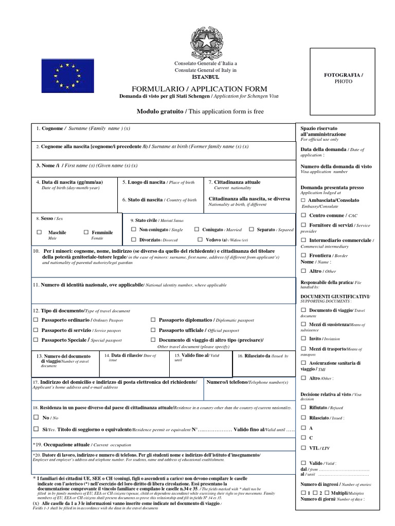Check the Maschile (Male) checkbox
pyautogui.click(x=39, y=232)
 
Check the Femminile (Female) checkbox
pyautogui.click(x=86, y=232)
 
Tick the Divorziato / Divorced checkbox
pyautogui.click(x=134, y=239)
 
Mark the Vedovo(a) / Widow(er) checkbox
pyautogui.click(x=201, y=239)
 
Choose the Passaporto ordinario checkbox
pyautogui.click(x=35, y=320)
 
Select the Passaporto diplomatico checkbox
pyautogui.click(x=153, y=320)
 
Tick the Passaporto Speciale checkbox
pyautogui.click(x=35, y=340)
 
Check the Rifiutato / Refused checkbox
pyautogui.click(x=303, y=407)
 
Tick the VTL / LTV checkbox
pyautogui.click(x=303, y=447)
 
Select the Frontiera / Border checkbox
pyautogui.click(x=303, y=255)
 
